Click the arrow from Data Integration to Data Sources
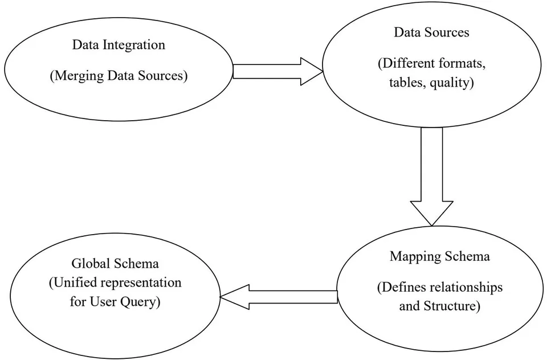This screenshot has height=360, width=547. [277, 72]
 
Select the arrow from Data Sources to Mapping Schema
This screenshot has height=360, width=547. [432, 177]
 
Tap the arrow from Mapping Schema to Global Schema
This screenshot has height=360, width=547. [279, 297]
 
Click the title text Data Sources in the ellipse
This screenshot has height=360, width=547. [431, 32]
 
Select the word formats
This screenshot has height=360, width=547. [458, 63]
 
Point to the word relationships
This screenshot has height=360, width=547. [467, 288]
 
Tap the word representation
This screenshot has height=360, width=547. [140, 283]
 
